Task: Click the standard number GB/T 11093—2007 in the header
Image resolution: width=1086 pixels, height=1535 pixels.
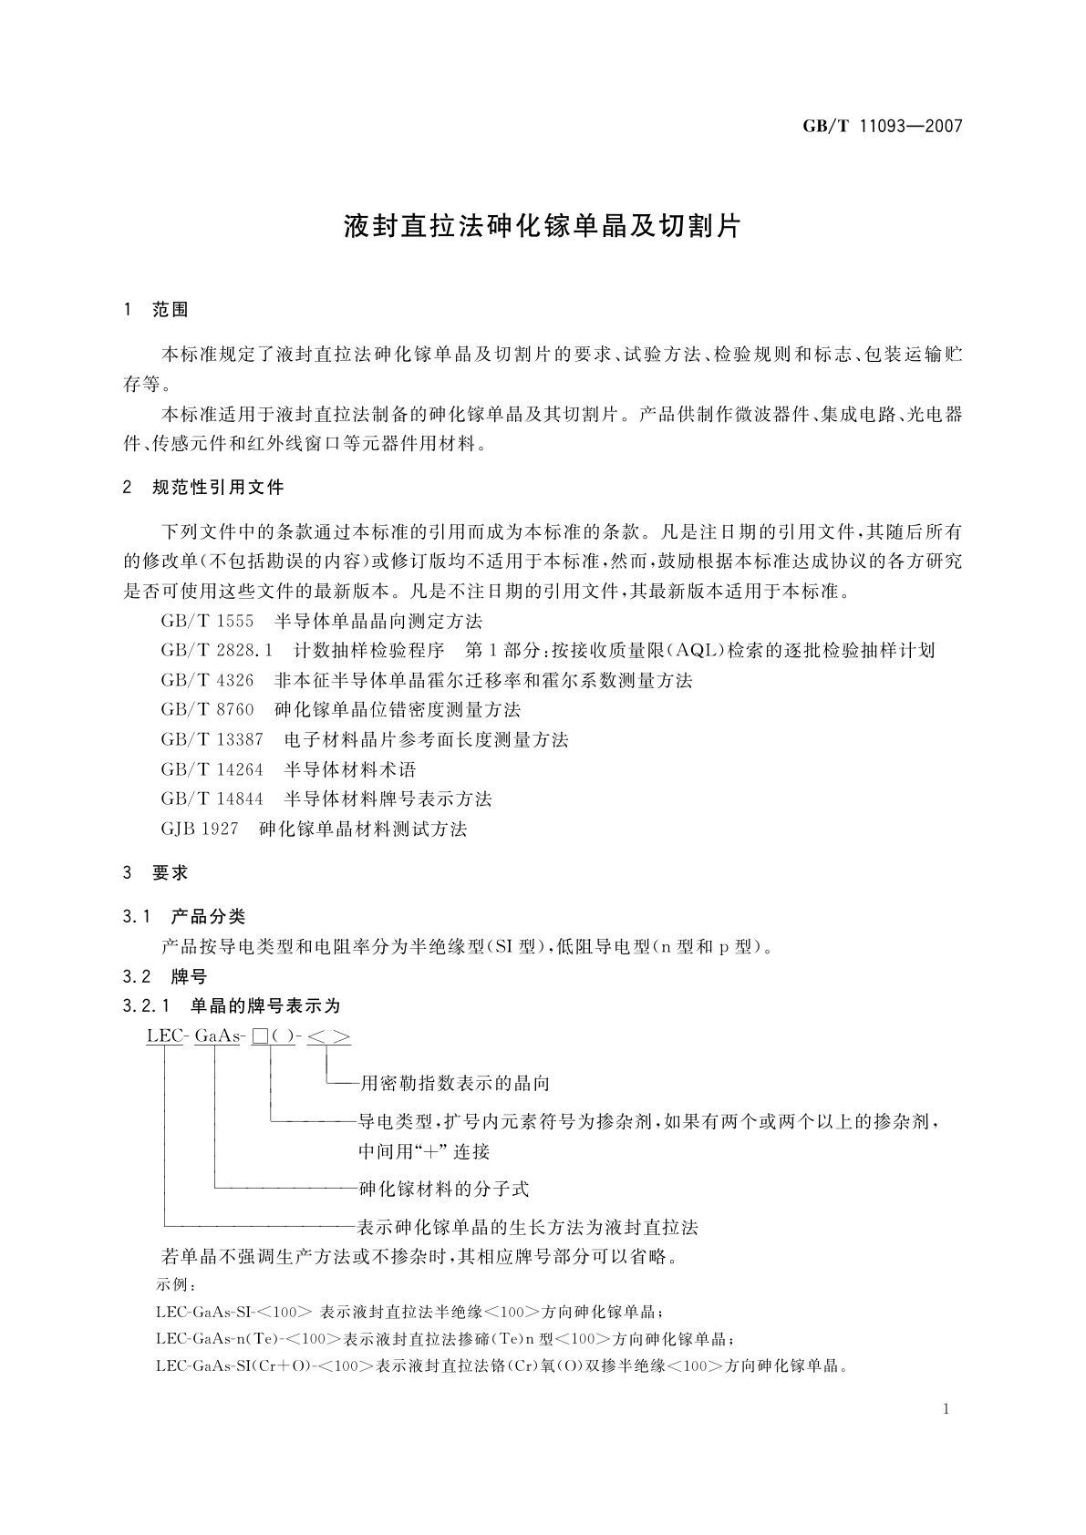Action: click(x=882, y=127)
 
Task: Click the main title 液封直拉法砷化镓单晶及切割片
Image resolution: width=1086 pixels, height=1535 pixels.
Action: click(x=543, y=227)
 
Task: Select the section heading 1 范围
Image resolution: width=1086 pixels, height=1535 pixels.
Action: click(x=156, y=310)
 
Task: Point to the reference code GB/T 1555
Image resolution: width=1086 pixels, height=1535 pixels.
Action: click(x=207, y=622)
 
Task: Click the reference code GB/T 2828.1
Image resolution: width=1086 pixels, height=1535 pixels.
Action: click(x=217, y=651)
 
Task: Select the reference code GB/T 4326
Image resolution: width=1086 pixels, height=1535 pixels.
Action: click(x=207, y=681)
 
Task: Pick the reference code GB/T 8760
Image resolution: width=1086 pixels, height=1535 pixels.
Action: click(x=207, y=710)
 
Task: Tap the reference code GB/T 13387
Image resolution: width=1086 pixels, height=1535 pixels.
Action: click(x=212, y=740)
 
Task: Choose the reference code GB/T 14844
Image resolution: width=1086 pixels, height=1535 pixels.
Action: click(x=212, y=799)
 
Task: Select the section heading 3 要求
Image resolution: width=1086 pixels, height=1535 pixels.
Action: click(x=156, y=873)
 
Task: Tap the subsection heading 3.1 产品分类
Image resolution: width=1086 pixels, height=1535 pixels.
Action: click(x=184, y=917)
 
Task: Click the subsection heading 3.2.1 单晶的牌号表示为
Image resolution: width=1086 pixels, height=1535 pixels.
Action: click(x=232, y=1006)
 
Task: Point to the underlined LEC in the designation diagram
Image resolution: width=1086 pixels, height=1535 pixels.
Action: click(x=165, y=1036)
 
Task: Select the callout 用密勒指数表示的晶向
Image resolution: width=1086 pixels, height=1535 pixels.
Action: click(x=454, y=1084)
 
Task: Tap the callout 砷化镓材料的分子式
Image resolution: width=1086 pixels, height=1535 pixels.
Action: click(x=444, y=1190)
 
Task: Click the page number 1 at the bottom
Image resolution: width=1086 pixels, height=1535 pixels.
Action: click(x=946, y=1409)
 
